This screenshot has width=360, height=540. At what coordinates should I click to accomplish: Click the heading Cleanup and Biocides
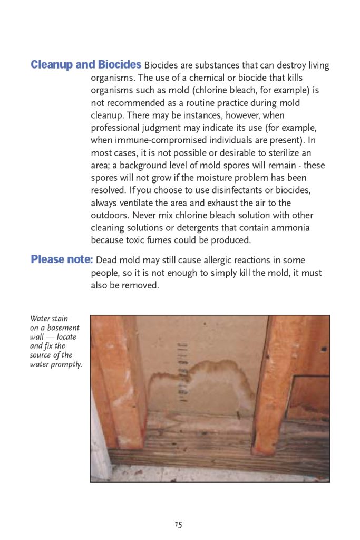point(86,65)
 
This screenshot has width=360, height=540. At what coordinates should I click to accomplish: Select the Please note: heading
point(62,259)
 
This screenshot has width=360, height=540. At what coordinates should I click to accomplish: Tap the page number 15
point(179,524)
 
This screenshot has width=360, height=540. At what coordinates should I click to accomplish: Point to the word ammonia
point(291,228)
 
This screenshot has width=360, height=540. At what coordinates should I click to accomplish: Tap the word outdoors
point(109,215)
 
